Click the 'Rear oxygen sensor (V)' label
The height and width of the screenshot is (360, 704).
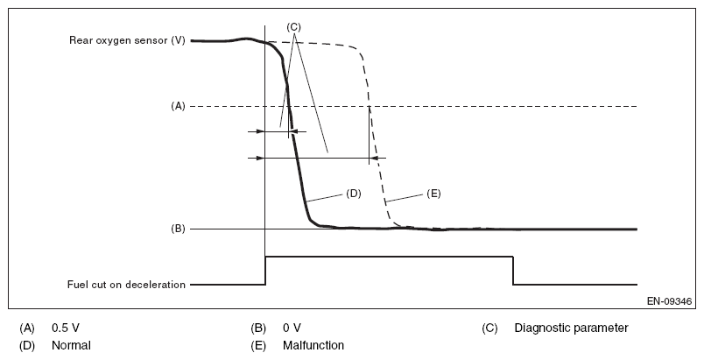click(127, 40)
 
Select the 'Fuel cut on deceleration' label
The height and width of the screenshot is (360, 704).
click(126, 285)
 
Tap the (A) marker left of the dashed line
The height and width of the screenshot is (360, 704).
click(178, 106)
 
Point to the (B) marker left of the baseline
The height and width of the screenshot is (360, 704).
click(178, 229)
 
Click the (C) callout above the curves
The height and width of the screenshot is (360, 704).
click(294, 26)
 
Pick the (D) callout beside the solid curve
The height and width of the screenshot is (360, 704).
click(354, 194)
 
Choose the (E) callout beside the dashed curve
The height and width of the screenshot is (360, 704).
click(433, 194)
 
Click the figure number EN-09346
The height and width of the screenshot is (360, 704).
click(667, 300)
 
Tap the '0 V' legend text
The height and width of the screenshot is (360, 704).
click(292, 328)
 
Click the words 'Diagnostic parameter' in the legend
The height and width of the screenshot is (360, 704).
click(571, 328)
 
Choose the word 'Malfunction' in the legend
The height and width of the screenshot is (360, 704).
click(313, 345)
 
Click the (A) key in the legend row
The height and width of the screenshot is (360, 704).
click(27, 328)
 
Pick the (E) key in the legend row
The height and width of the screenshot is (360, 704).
click(258, 345)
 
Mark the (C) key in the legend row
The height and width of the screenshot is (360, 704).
click(489, 328)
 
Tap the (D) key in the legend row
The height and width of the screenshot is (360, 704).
click(27, 345)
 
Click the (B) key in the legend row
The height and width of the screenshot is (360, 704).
click(258, 328)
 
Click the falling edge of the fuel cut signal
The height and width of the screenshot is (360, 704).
click(513, 271)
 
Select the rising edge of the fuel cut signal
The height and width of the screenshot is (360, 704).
click(265, 271)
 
